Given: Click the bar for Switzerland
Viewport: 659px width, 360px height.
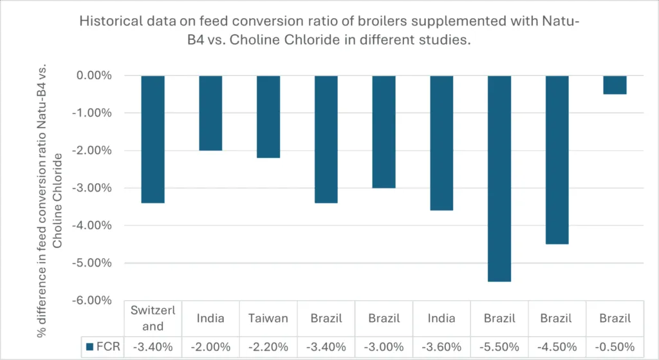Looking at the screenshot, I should click(x=153, y=139).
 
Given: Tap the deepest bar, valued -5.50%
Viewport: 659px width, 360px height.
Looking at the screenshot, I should click(x=499, y=178).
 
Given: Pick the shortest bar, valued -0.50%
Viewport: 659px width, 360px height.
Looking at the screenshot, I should click(x=615, y=85).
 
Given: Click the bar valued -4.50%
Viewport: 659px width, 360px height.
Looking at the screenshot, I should click(x=557, y=160).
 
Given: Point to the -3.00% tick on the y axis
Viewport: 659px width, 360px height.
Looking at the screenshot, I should click(x=94, y=188).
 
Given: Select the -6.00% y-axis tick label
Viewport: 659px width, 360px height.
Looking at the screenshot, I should click(x=94, y=301).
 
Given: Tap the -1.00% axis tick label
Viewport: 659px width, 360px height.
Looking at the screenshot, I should click(x=94, y=113).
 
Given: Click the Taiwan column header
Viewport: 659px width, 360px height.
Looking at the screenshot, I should click(x=268, y=318).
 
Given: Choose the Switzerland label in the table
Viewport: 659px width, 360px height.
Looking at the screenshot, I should click(x=153, y=318).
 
